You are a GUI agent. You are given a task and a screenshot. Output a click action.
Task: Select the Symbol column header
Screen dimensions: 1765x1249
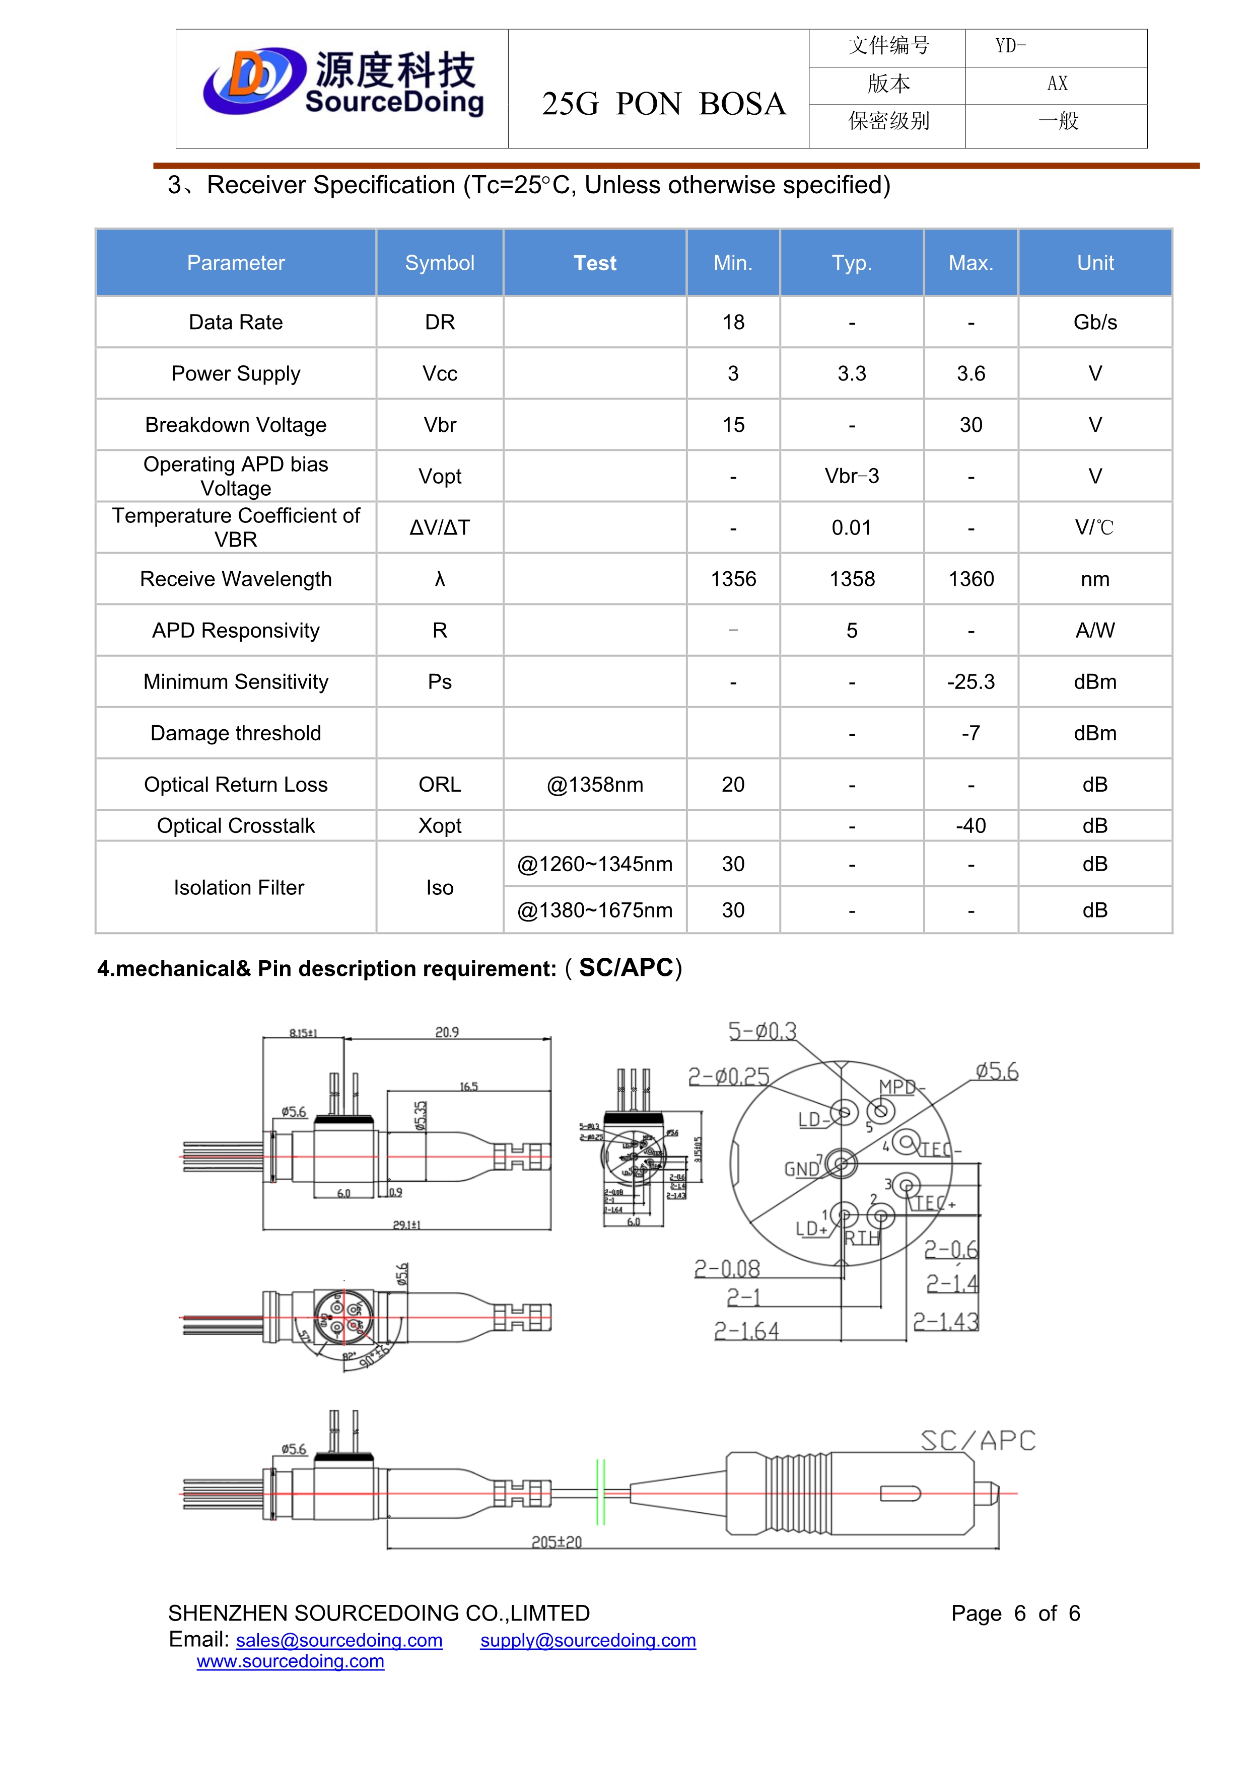(439, 263)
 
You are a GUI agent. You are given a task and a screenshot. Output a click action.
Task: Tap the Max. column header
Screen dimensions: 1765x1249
(970, 263)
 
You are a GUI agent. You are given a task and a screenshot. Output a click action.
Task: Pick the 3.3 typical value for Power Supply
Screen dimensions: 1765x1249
(851, 373)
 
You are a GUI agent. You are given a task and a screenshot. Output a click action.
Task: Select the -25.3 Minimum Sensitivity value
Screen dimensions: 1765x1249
(970, 682)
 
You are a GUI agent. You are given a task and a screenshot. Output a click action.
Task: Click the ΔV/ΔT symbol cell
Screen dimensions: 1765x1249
(439, 527)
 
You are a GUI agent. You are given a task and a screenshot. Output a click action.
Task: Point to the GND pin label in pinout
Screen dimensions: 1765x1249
(801, 1169)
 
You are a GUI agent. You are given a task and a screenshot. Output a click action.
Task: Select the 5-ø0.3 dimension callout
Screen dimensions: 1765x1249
(762, 1031)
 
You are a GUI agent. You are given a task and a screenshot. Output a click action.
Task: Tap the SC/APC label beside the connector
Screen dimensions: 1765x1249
(978, 1440)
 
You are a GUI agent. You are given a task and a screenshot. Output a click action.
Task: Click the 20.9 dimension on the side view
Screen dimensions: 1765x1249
(447, 1032)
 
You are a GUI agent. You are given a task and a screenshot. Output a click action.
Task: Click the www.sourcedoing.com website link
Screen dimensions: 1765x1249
(290, 1661)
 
